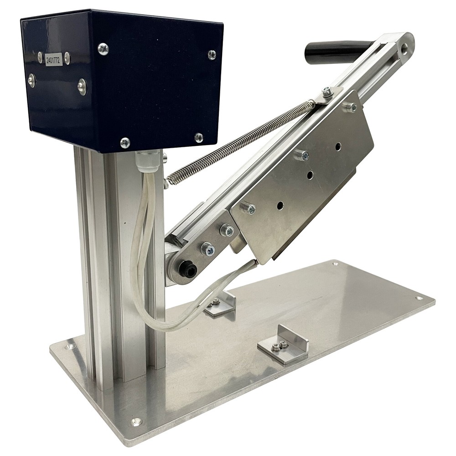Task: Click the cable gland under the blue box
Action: coord(147,161)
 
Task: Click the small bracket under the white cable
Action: coord(219,304)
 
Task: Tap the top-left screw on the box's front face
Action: coord(103,48)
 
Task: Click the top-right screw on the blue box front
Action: coord(212,54)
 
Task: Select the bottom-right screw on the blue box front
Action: coord(199,137)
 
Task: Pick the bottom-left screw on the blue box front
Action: coord(124,143)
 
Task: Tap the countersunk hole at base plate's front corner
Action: coord(136,421)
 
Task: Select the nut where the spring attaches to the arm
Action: coord(327,93)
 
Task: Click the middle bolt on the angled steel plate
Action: coord(302,155)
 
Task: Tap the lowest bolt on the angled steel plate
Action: coord(249,208)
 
